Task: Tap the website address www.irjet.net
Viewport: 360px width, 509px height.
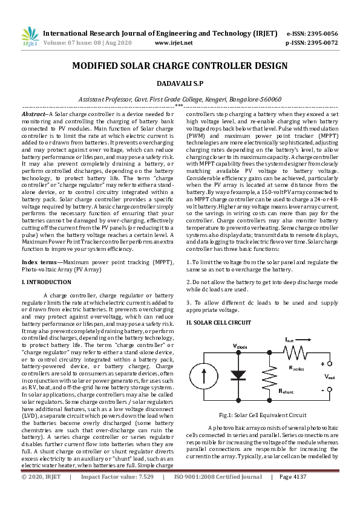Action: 174,43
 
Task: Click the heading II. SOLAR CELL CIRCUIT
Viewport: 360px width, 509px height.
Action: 218,323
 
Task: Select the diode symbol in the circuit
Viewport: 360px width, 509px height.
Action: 240,375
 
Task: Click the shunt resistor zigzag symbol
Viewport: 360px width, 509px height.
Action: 269,375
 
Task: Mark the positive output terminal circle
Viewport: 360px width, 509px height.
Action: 329,363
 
